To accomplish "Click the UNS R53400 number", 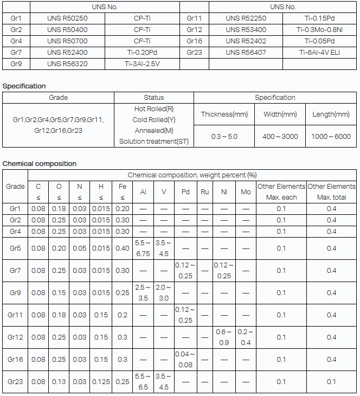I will (246, 29).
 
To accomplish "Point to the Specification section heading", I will (24, 86).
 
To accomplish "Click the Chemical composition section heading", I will (40, 163).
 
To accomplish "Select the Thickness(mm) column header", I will (224, 114).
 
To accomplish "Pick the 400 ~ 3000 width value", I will (280, 136).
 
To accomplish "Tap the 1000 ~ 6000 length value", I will (331, 136).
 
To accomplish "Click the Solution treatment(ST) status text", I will (154, 142).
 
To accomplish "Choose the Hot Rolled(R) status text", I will (154, 108).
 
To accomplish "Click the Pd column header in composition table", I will (185, 192).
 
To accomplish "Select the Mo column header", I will (246, 192).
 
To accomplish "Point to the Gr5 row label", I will (15, 248).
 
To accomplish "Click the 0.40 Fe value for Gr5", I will (123, 248).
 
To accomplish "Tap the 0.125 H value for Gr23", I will (101, 381).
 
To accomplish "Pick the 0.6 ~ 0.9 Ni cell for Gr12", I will (223, 337).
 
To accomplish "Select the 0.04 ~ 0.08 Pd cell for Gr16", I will (185, 359).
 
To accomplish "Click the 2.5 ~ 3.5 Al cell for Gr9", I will (143, 293).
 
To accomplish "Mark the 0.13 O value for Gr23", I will (59, 381).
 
